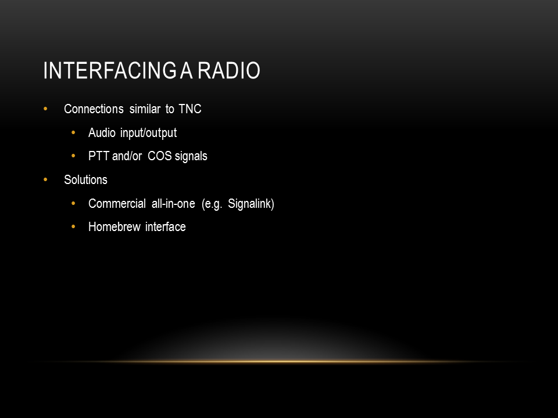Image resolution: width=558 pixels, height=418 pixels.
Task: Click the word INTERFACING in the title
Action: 110,70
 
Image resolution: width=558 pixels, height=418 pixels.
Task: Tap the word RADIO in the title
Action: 229,70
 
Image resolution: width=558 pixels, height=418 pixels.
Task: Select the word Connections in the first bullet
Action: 94,109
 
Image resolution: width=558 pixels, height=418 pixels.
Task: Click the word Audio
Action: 102,132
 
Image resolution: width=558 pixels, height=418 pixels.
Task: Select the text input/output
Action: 148,134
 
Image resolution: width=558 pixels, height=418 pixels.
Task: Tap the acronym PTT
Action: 99,156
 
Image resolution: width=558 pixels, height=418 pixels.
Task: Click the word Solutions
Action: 85,180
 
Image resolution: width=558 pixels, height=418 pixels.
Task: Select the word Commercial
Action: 117,204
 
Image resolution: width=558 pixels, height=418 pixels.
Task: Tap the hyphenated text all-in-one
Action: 173,204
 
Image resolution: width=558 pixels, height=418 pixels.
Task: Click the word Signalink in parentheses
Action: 249,204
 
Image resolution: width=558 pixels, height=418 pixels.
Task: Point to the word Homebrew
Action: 115,227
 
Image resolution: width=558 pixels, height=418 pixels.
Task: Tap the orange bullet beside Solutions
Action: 45,180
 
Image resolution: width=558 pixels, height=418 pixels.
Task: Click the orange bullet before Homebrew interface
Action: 73,226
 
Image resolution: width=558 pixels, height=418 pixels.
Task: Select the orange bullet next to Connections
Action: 45,109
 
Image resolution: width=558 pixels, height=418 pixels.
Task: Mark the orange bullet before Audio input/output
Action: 73,132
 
